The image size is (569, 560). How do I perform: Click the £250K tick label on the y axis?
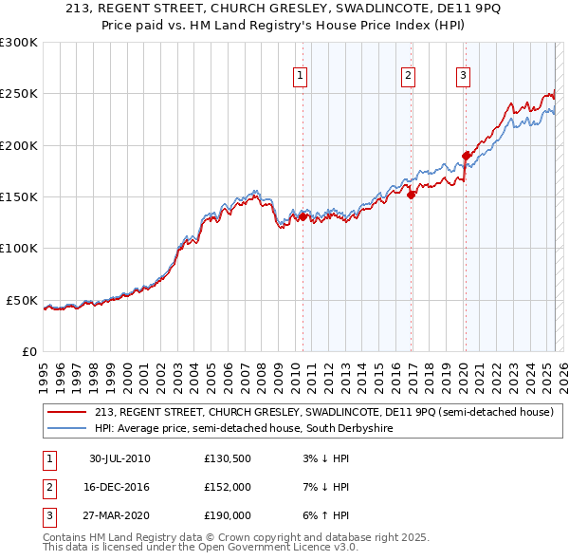(x=19, y=94)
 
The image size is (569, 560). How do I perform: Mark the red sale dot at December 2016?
(x=412, y=196)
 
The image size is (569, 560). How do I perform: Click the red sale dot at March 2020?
(x=466, y=156)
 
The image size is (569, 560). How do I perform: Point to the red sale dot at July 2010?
(x=303, y=217)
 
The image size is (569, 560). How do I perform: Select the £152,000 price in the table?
(x=227, y=488)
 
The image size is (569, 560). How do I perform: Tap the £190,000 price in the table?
(x=227, y=515)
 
